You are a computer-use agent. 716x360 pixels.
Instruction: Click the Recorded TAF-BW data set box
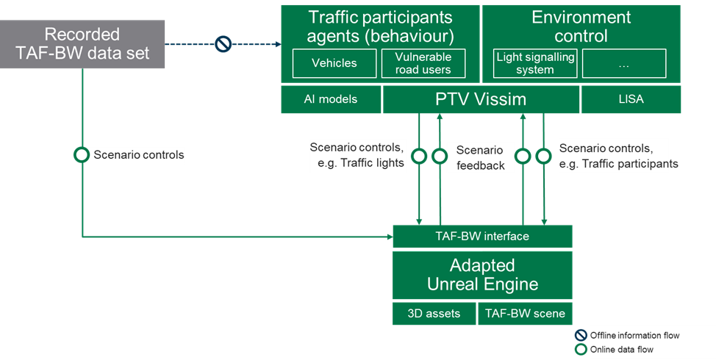(x=82, y=44)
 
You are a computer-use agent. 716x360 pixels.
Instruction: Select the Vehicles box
(x=334, y=63)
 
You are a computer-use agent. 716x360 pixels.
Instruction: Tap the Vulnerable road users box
(x=423, y=63)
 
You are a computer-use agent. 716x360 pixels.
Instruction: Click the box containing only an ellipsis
(x=624, y=63)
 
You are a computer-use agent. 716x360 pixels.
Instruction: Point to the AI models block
(x=331, y=99)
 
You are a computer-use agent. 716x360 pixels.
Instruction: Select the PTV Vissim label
(x=481, y=99)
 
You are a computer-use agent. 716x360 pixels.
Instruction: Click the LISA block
(x=631, y=99)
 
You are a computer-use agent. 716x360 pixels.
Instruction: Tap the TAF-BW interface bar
(x=482, y=237)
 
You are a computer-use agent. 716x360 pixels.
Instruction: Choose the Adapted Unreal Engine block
(x=482, y=275)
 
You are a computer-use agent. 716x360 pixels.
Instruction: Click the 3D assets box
(x=434, y=314)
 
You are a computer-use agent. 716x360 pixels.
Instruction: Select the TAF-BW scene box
(x=525, y=314)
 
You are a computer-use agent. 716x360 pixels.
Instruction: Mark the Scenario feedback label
(x=481, y=158)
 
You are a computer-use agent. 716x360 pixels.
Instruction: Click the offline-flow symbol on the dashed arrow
(x=223, y=45)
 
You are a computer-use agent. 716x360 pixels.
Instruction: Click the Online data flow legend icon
(x=581, y=349)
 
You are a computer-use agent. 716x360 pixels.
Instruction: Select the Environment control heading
(x=581, y=26)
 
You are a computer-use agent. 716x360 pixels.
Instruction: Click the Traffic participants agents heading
(x=380, y=26)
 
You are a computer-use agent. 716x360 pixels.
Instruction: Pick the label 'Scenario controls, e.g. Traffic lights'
(x=358, y=155)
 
